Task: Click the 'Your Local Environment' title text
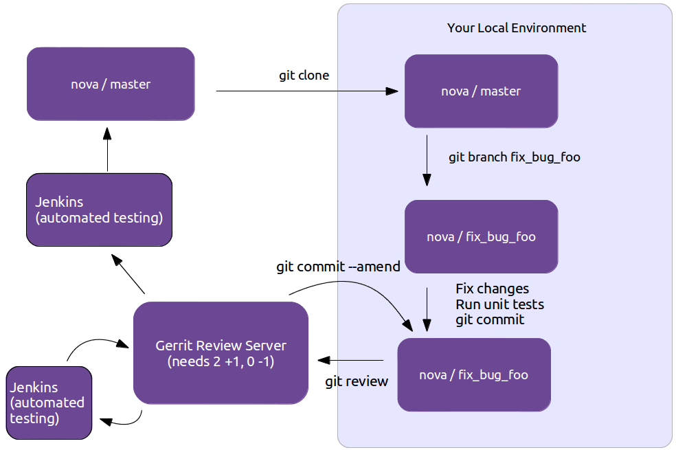coord(517,28)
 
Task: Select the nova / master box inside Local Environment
coord(481,91)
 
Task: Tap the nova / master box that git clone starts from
coord(111,85)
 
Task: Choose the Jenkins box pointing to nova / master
coord(99,210)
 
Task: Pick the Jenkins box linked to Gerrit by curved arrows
coord(48,403)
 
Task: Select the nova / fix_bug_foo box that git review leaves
coord(474,375)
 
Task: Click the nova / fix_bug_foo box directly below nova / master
coord(481,237)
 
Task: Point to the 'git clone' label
coord(304,75)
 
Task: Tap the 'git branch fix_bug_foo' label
coord(514,157)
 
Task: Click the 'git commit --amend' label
coord(338,267)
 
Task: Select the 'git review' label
coord(357,381)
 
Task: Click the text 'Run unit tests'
coord(499,304)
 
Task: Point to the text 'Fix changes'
coord(492,289)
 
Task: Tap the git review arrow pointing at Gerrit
coord(350,360)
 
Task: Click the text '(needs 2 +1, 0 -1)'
coord(221,361)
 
